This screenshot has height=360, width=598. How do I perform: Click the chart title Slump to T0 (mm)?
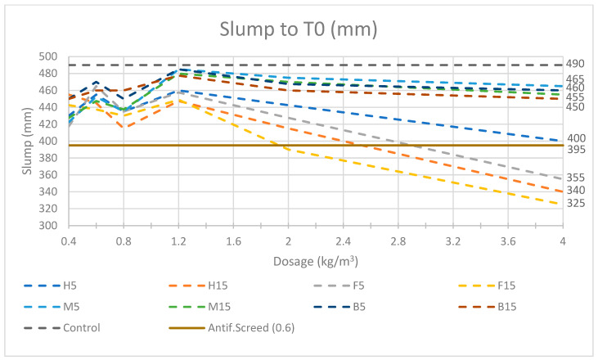click(298, 29)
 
